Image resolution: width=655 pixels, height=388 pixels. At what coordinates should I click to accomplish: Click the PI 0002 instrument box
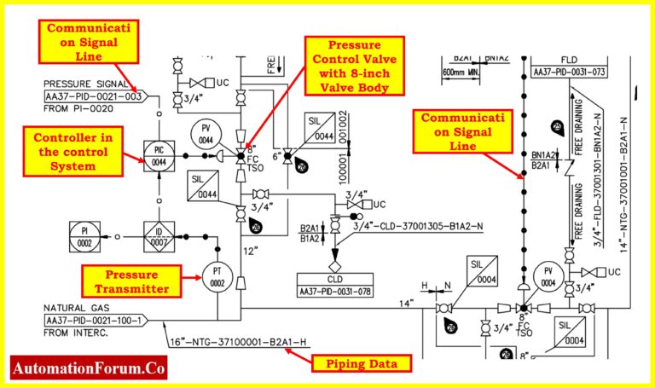tap(84, 236)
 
